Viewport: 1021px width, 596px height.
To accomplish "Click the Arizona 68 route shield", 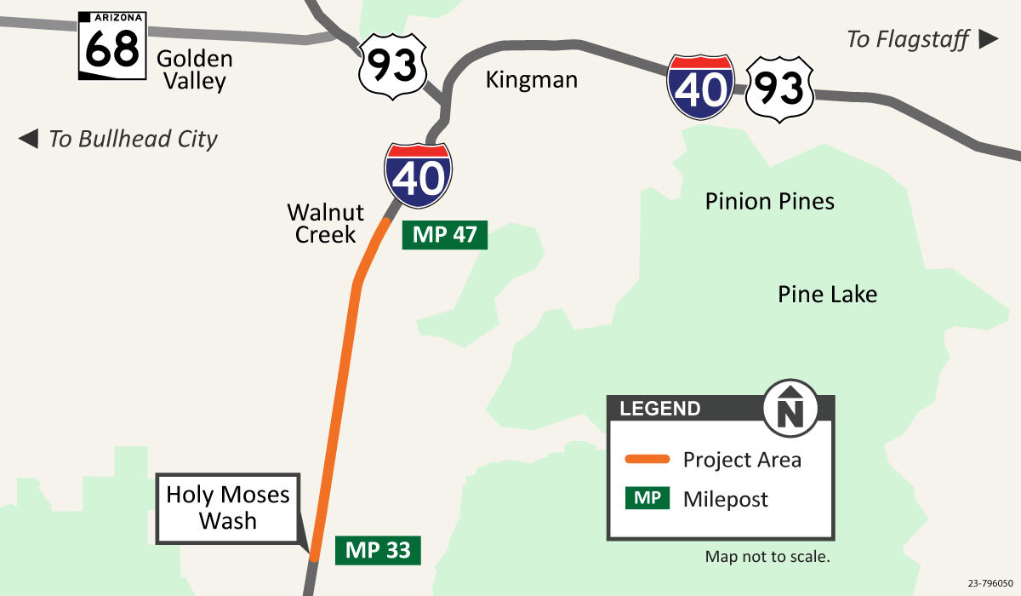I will pos(112,46).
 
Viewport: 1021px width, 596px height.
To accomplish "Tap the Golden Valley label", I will pos(194,70).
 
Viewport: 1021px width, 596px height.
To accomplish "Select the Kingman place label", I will pos(531,80).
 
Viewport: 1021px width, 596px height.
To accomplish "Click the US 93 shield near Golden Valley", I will pos(392,66).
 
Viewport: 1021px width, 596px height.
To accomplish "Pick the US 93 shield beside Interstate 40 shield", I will pos(780,89).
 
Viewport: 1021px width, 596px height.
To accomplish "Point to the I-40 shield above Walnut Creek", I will pos(419,175).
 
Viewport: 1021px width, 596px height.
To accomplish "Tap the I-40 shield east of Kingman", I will pos(701,87).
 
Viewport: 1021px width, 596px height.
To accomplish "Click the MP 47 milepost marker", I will pos(444,235).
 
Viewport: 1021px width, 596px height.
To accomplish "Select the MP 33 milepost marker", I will pos(378,550).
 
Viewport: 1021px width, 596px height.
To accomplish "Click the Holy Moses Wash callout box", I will pos(227,507).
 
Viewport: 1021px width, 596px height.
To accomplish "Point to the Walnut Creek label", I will pos(325,223).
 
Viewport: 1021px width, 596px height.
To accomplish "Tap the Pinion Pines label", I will pos(769,201).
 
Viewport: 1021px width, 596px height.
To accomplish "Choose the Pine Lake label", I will pos(827,295).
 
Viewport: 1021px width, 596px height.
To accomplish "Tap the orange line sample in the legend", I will pos(647,460).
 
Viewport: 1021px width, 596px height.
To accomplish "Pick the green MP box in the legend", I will pos(647,498).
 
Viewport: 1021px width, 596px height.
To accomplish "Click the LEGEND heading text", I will pos(660,409).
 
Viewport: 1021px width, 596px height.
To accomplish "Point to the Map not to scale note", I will pos(767,557).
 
